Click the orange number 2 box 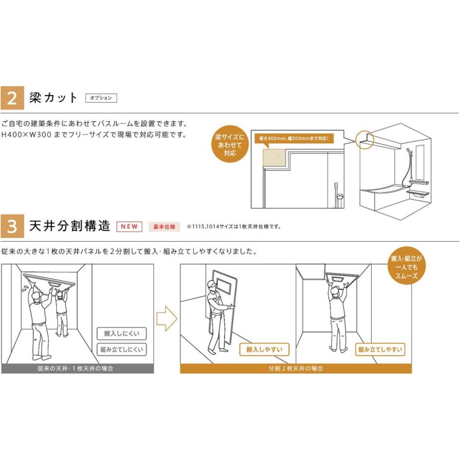tap(13, 98)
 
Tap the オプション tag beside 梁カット tap(101, 98)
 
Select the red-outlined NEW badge tap(130, 226)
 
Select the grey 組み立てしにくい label tap(121, 350)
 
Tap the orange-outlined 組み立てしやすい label tap(380, 350)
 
